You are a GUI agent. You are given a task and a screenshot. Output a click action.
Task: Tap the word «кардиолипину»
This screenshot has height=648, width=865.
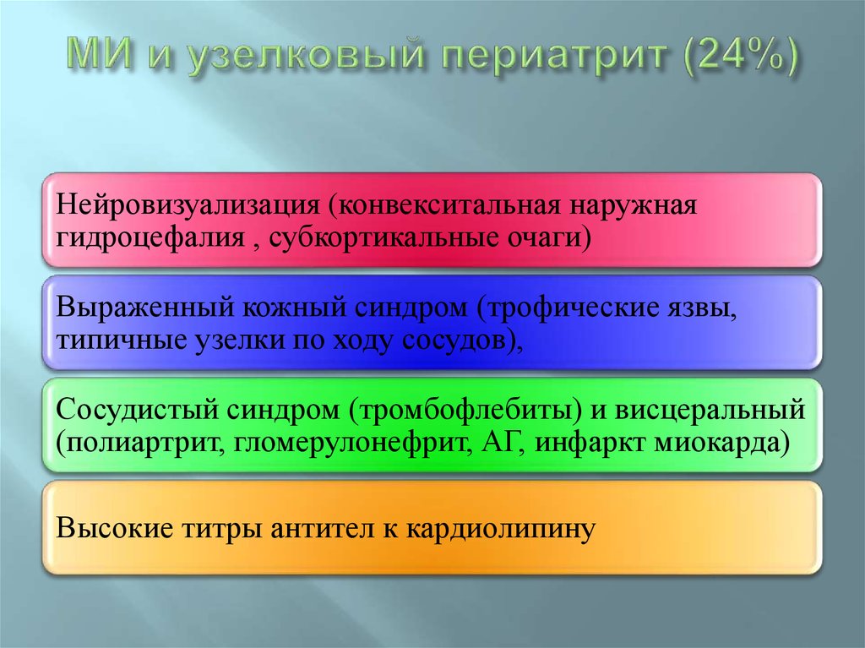[498, 530]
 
